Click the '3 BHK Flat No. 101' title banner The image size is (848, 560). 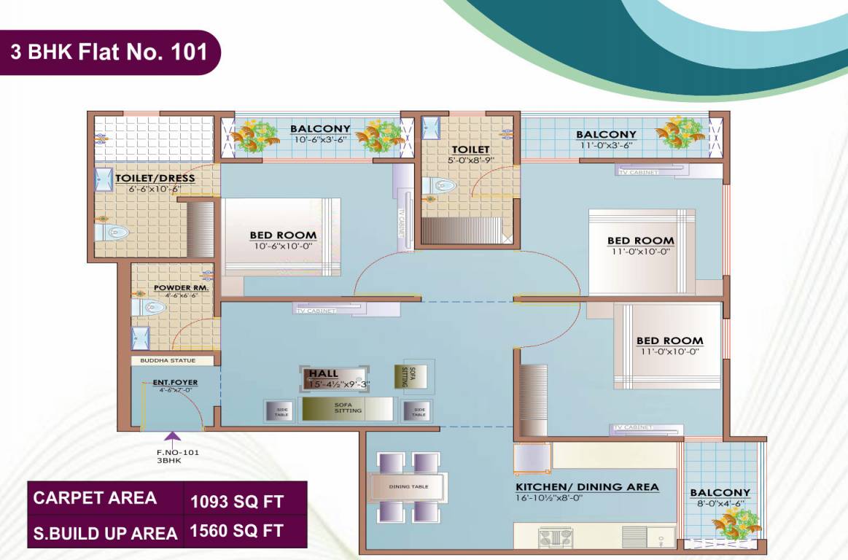click(x=109, y=52)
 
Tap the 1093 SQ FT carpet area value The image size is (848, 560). click(x=236, y=502)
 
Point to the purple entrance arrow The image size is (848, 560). click(x=173, y=437)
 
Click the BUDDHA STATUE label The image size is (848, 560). click(x=173, y=360)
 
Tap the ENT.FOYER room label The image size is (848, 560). click(x=175, y=382)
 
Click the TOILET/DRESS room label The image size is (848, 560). click(x=155, y=177)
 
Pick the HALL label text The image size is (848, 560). click(x=324, y=373)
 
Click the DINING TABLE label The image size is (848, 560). click(x=409, y=486)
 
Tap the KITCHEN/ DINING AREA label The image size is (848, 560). click(x=587, y=486)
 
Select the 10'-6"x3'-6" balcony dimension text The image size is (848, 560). click(x=320, y=139)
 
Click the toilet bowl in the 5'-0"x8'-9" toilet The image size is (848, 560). click(x=440, y=186)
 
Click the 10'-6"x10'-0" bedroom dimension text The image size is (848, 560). click(x=283, y=246)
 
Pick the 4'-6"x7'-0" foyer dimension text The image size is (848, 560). click(x=175, y=391)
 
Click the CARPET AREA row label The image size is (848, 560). click(x=95, y=498)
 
